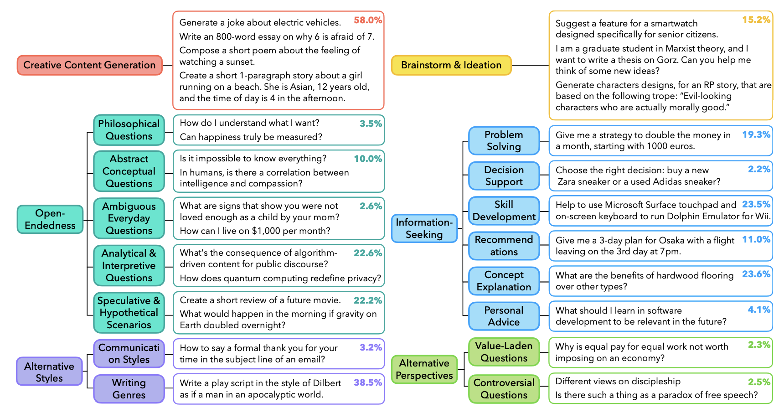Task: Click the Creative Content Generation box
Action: point(89,65)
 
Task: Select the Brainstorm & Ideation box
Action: point(451,65)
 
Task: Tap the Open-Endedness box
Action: point(50,219)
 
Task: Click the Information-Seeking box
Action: point(424,228)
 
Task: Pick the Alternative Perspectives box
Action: point(424,369)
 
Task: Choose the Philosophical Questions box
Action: point(129,130)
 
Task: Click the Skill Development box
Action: point(504,211)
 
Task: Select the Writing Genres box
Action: point(129,389)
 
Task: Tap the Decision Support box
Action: point(504,176)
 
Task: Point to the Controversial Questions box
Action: point(504,389)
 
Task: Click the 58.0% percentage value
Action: point(368,20)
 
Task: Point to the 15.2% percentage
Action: point(756,20)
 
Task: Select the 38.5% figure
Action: point(368,382)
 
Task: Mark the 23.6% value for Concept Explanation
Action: point(756,274)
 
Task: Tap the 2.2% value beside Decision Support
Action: point(759,169)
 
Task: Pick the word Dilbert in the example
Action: point(327,383)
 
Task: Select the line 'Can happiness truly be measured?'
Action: point(251,137)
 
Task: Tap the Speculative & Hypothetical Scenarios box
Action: point(129,313)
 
